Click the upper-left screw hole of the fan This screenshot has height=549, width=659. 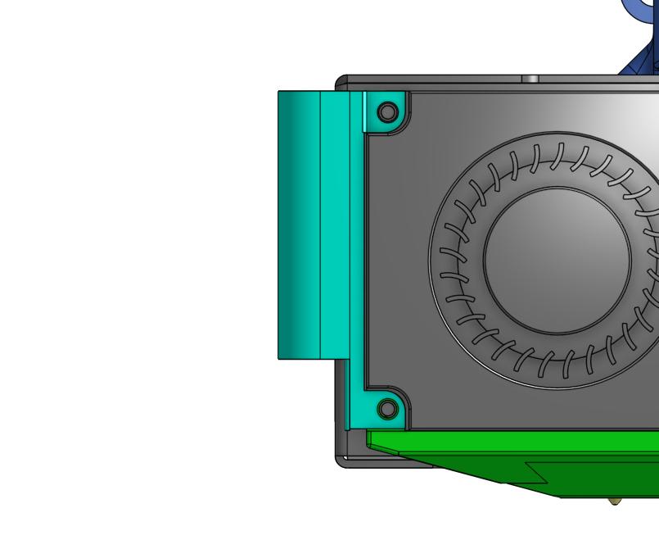tap(387, 111)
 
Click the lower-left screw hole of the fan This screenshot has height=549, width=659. tap(388, 407)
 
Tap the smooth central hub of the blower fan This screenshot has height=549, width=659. tap(557, 260)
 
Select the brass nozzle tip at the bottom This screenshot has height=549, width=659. tap(615, 501)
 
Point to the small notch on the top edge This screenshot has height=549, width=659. tap(531, 79)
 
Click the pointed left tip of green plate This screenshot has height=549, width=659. tap(370, 439)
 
